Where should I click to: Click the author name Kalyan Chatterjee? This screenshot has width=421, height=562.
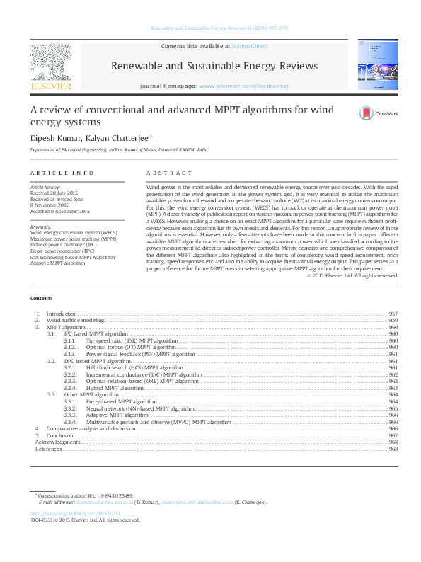point(121,137)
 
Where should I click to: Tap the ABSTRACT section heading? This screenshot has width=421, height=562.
point(169,173)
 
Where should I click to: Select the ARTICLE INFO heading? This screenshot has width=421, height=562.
point(62,173)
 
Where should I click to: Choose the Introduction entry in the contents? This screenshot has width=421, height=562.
point(62,314)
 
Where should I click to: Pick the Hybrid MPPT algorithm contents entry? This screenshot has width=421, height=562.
point(115,388)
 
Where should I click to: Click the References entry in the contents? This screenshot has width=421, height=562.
point(48,449)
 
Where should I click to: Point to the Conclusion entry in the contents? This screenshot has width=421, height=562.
point(61,435)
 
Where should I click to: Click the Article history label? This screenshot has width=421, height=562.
point(44,185)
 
